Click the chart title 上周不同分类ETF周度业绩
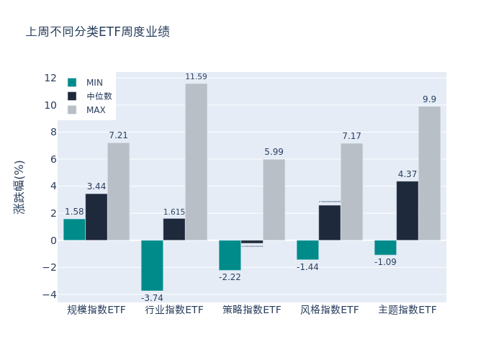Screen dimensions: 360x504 [98, 32]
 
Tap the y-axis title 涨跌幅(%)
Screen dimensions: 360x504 [19, 186]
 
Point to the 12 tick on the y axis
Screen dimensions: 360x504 [50, 78]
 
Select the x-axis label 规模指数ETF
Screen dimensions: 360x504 [96, 310]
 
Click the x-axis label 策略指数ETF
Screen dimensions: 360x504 [252, 310]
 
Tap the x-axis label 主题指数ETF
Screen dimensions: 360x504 [408, 310]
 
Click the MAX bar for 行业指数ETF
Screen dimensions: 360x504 [196, 162]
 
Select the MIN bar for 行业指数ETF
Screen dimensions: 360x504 [152, 265]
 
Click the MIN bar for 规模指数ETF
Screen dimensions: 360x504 [74, 230]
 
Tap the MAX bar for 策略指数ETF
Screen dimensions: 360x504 [274, 199]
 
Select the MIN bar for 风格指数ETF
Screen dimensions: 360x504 [307, 250]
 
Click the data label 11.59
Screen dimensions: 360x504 [196, 77]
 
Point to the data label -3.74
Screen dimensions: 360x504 [152, 298]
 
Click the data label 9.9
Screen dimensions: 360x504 [429, 100]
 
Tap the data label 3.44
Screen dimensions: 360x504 [96, 186]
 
